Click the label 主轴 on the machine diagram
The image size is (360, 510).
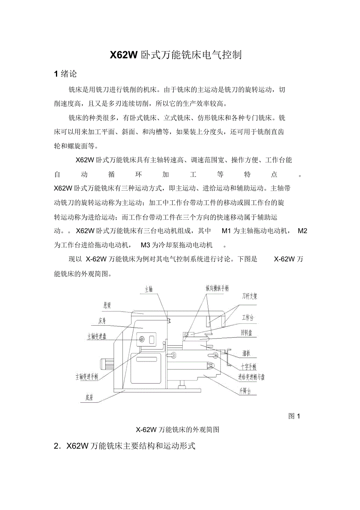click(x=148, y=290)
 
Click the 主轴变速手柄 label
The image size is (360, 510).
click(x=87, y=377)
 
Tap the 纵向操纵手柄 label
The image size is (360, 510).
click(x=217, y=288)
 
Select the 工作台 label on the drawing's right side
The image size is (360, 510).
click(x=248, y=317)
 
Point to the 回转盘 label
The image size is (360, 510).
click(x=248, y=333)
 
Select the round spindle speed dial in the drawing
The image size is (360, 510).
click(x=141, y=339)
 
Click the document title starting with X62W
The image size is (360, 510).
click(x=176, y=55)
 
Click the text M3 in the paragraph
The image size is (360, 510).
click(x=146, y=245)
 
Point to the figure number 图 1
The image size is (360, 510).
click(x=293, y=416)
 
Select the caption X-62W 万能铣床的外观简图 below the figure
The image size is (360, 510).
click(x=177, y=429)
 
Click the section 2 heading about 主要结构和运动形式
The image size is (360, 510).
click(x=124, y=446)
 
